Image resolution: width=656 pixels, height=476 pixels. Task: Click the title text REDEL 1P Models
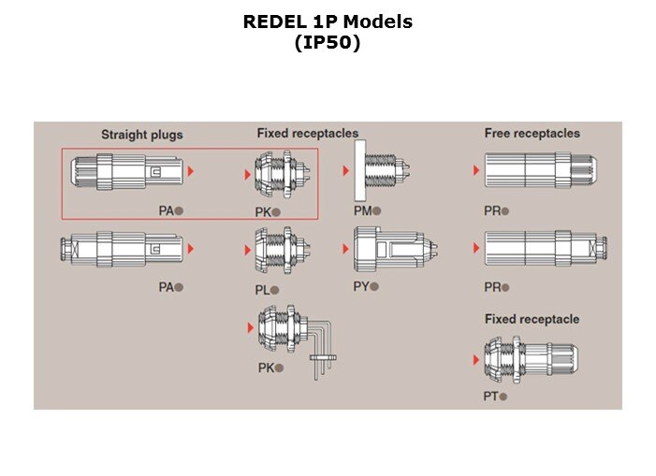(x=328, y=22)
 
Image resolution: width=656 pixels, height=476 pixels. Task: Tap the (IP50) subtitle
(x=328, y=42)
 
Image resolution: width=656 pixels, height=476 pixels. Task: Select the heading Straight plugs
(x=142, y=135)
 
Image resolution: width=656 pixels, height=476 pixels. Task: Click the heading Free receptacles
(x=532, y=134)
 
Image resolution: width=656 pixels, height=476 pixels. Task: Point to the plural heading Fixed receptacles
(x=307, y=134)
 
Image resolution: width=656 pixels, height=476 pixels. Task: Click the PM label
(x=362, y=211)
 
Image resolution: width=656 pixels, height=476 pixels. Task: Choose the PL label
(x=262, y=290)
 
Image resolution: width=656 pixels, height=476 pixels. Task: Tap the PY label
(x=361, y=287)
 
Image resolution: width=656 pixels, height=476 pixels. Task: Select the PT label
(x=490, y=397)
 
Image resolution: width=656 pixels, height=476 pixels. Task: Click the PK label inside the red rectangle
(x=262, y=212)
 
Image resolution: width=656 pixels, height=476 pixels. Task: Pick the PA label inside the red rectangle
(x=166, y=211)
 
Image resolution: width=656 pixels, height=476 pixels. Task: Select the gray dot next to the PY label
(x=376, y=287)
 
